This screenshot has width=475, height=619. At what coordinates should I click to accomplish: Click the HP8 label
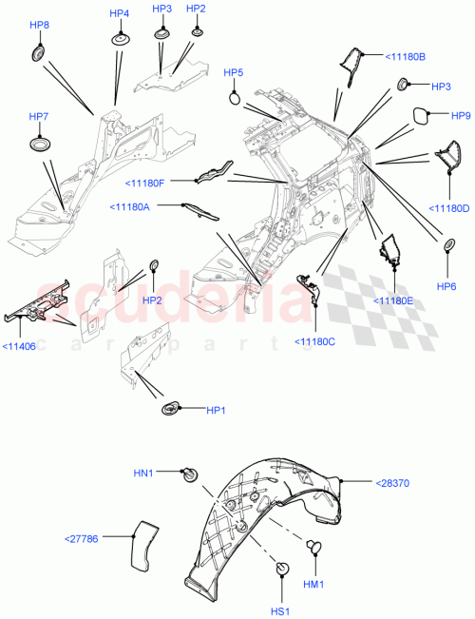[x=41, y=25]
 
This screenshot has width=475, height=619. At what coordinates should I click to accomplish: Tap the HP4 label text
[x=120, y=14]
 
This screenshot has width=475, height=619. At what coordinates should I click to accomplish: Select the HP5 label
[x=234, y=73]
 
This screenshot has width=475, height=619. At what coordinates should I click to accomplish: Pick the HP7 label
[x=39, y=116]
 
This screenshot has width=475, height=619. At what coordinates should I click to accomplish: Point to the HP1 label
[x=218, y=410]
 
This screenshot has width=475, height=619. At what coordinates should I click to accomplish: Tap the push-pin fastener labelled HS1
[x=282, y=569]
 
